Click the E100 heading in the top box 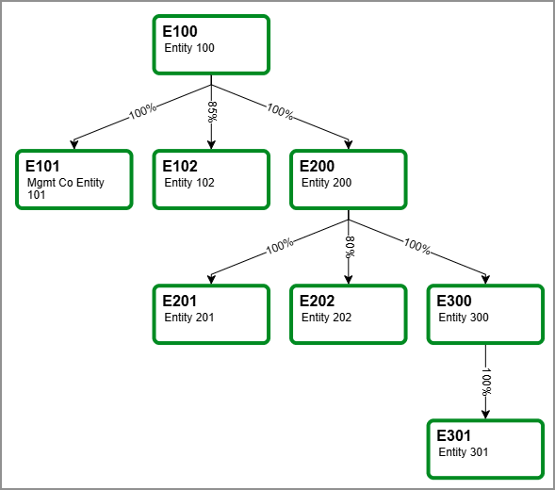click(x=180, y=32)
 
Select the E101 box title click(x=43, y=167)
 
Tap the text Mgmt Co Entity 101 click(x=65, y=189)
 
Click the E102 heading click(x=180, y=167)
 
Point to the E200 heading click(x=318, y=167)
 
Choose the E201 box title click(x=180, y=302)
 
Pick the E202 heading click(x=318, y=302)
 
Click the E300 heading click(x=455, y=302)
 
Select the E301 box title click(x=455, y=436)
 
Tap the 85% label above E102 click(x=212, y=111)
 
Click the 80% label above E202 click(x=350, y=247)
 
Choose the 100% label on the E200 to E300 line click(x=416, y=248)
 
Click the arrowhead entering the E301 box click(x=486, y=415)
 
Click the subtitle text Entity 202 click(x=326, y=318)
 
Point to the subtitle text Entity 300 click(x=464, y=318)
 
